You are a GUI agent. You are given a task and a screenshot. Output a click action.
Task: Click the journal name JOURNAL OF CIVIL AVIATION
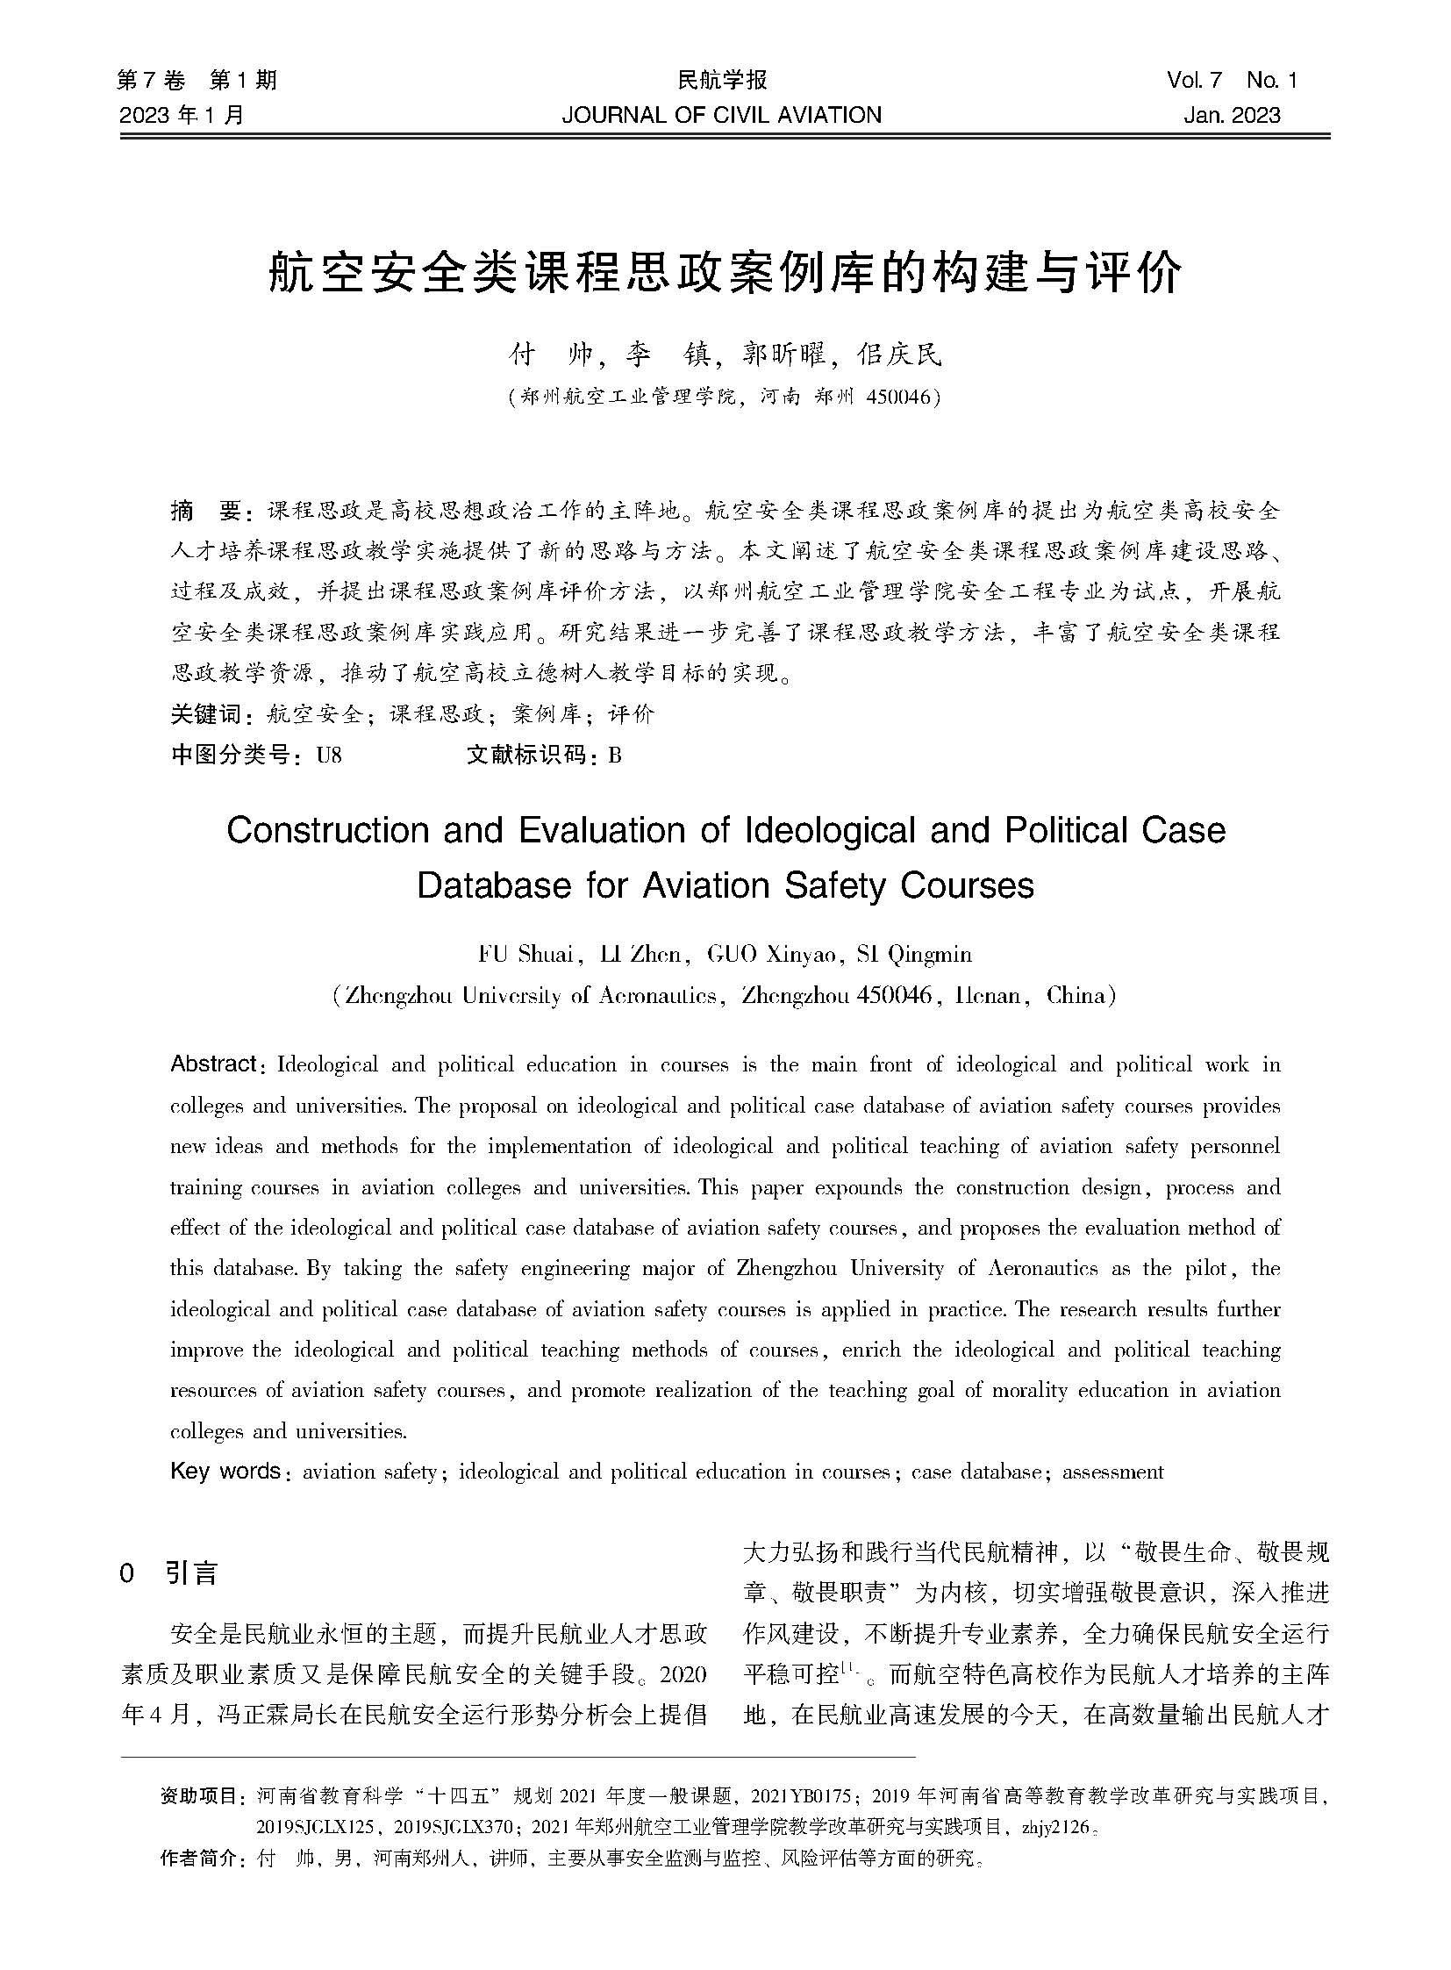723,114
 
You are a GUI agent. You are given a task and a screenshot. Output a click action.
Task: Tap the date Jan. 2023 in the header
1231,114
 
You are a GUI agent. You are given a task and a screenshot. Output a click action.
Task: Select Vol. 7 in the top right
1194,81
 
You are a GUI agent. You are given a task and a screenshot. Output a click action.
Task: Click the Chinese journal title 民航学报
722,81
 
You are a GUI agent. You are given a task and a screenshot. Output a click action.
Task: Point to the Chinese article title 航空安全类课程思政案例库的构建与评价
725,275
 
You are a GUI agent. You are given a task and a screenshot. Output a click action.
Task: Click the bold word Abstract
212,1064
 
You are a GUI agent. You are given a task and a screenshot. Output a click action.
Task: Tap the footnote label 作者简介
202,1859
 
